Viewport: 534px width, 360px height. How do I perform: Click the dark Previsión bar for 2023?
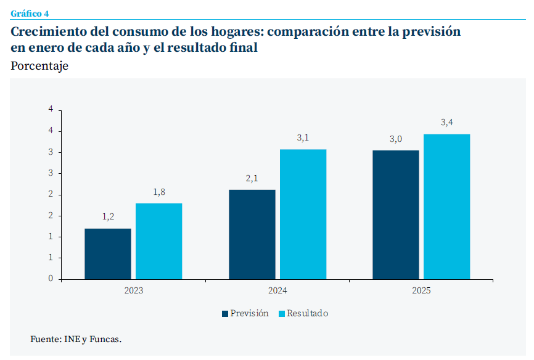pos(108,254)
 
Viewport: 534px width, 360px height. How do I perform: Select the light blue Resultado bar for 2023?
pos(158,241)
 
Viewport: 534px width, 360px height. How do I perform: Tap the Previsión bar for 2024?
pos(252,234)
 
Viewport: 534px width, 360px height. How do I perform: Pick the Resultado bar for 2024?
pos(303,215)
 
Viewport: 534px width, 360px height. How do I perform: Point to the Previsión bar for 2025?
pos(396,215)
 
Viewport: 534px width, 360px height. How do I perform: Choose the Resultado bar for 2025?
pos(446,207)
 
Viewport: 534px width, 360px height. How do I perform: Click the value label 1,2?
pos(108,217)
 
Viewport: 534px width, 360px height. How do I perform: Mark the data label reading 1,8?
pos(159,192)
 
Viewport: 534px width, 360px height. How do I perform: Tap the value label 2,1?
pos(252,178)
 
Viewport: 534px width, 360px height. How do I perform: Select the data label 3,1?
pos(303,138)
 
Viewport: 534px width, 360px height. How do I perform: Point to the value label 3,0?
pos(396,139)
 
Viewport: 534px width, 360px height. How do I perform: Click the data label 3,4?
pos(447,123)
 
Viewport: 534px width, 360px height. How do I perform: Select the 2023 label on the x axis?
pos(133,290)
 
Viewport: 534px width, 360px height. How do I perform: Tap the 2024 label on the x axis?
pos(277,290)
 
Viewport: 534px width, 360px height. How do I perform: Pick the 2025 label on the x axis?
pos(421,290)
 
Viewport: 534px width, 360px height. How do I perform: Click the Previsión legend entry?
pos(245,313)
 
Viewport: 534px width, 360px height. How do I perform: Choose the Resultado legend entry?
pos(303,313)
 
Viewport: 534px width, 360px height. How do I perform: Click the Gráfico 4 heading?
pos(30,14)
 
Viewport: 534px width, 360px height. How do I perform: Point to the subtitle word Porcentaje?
pos(39,66)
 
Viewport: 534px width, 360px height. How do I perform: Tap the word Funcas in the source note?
pos(105,339)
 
